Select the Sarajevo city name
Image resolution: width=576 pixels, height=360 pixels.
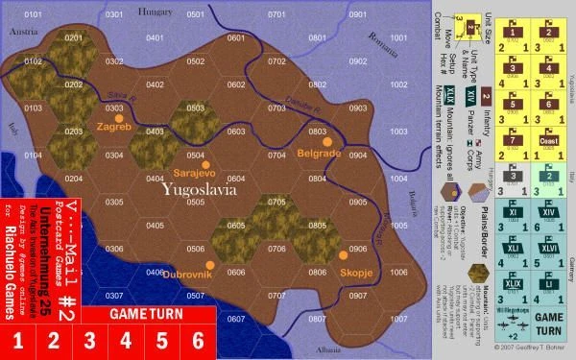195,173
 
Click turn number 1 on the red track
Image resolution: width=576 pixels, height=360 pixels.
17,340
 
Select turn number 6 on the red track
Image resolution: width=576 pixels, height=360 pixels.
199,340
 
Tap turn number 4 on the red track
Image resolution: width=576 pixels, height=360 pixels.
126,340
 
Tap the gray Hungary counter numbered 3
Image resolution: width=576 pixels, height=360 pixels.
515,174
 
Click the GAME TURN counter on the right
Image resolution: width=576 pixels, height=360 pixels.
549,320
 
